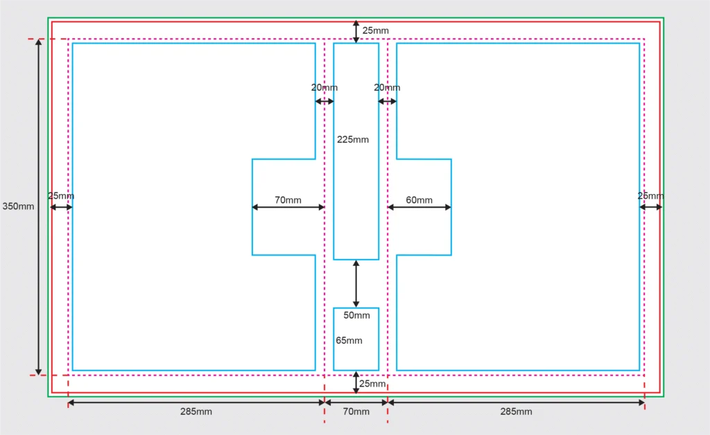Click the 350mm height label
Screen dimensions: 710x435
pyautogui.click(x=18, y=206)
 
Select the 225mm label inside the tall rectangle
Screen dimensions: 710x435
pyautogui.click(x=353, y=139)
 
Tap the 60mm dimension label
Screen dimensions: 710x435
pyautogui.click(x=419, y=200)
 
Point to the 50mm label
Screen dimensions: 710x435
pyautogui.click(x=356, y=315)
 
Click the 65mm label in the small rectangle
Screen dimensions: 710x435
pyautogui.click(x=349, y=341)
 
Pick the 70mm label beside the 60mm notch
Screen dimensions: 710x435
pyautogui.click(x=288, y=200)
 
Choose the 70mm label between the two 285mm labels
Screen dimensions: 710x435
pyautogui.click(x=356, y=411)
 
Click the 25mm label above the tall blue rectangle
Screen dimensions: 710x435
pyautogui.click(x=375, y=30)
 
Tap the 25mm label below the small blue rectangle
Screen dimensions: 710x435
pyautogui.click(x=372, y=384)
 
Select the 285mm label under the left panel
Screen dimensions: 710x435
pyautogui.click(x=196, y=411)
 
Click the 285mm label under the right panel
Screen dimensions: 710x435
pyautogui.click(x=516, y=411)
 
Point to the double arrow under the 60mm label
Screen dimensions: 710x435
pyautogui.click(x=419, y=207)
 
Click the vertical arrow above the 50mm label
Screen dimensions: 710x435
pyautogui.click(x=356, y=284)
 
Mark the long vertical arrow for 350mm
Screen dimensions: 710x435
pyautogui.click(x=39, y=207)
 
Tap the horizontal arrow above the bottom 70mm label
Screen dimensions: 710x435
pyautogui.click(x=356, y=402)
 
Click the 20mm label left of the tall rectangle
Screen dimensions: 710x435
pyautogui.click(x=324, y=87)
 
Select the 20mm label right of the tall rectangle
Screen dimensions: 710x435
pyautogui.click(x=387, y=87)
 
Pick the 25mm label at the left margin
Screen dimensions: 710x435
pyautogui.click(x=61, y=196)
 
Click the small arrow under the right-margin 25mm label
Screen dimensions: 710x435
pyautogui.click(x=650, y=207)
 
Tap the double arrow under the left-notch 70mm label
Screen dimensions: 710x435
pyautogui.click(x=288, y=207)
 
